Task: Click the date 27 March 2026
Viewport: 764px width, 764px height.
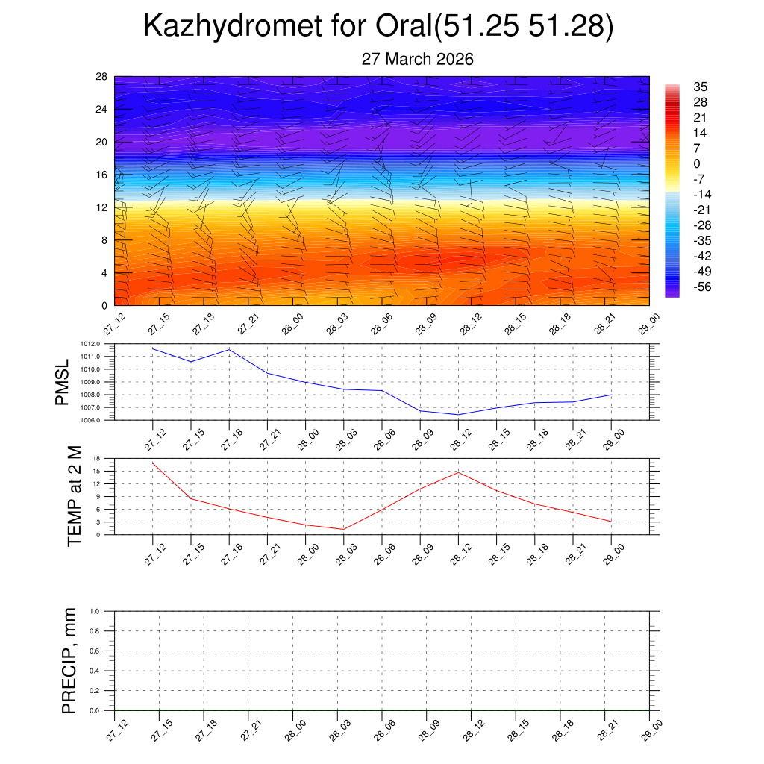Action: click(417, 59)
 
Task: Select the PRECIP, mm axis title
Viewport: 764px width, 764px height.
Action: click(69, 660)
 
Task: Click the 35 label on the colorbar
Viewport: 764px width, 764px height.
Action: click(700, 86)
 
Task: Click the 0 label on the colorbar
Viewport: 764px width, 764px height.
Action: click(697, 163)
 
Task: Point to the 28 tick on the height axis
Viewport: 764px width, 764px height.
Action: click(101, 77)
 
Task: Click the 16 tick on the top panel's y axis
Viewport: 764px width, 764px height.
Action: click(101, 175)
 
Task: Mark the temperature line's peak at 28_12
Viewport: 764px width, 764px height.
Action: click(458, 472)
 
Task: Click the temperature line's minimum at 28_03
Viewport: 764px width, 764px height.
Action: click(343, 529)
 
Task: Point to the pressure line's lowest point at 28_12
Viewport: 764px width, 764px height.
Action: click(458, 415)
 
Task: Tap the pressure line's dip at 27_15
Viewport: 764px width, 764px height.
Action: click(191, 362)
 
